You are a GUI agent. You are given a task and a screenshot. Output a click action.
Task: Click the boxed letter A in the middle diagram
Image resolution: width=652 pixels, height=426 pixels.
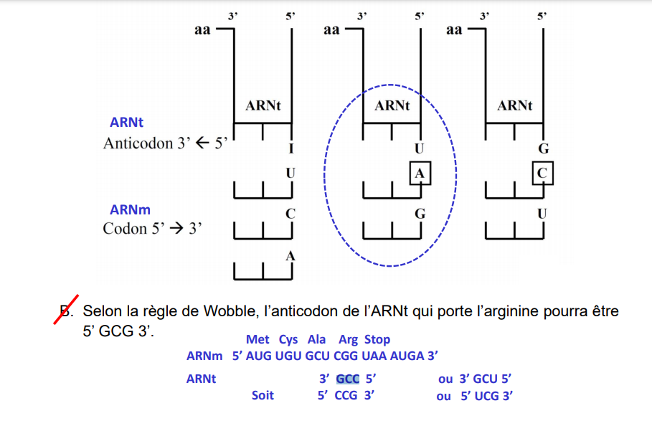click(x=420, y=173)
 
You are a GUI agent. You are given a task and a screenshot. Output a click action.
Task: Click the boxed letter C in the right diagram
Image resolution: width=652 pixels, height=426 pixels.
click(x=542, y=173)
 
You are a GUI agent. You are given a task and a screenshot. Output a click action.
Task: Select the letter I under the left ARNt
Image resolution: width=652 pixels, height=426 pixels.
click(x=290, y=149)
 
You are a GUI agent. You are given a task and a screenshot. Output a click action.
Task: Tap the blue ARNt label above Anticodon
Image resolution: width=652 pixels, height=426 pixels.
click(x=126, y=123)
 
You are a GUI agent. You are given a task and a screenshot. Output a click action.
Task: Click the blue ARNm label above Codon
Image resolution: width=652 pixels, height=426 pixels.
click(x=130, y=210)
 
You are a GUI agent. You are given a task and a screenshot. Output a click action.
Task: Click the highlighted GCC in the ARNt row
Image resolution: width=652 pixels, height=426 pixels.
click(x=348, y=379)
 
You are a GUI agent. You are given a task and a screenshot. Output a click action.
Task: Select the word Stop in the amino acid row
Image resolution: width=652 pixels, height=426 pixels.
click(x=377, y=339)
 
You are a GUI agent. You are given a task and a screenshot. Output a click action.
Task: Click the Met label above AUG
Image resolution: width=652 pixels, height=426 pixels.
click(x=258, y=339)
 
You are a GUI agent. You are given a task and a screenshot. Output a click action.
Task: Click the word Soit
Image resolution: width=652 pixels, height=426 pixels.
click(x=263, y=395)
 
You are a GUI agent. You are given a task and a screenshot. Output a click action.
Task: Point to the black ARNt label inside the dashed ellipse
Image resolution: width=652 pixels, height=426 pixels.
click(x=392, y=106)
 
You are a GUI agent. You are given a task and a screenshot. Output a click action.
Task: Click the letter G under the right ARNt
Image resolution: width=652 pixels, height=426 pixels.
click(x=543, y=149)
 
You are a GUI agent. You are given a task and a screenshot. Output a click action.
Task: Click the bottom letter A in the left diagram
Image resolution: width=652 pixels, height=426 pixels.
click(x=290, y=256)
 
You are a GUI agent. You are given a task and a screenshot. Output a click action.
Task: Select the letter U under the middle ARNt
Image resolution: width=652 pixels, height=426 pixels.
click(x=420, y=149)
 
